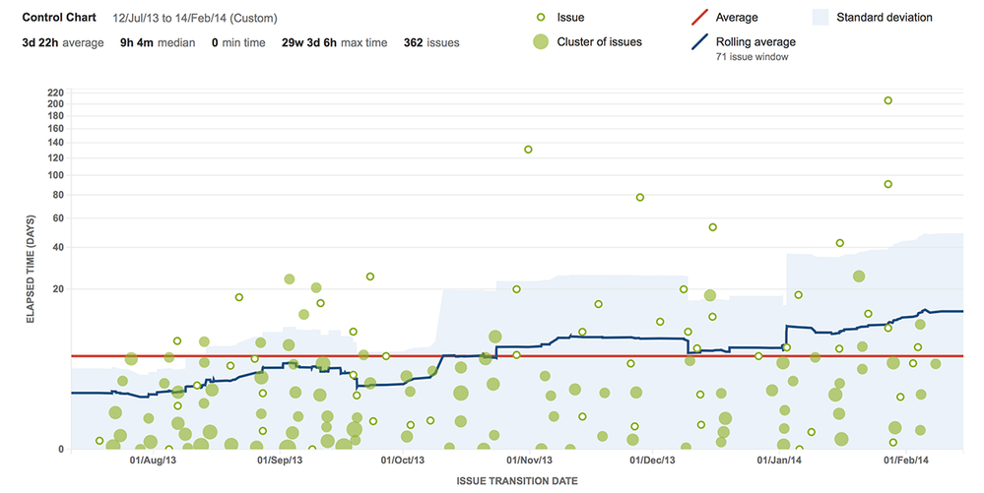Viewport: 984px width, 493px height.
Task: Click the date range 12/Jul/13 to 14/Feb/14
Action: [195, 18]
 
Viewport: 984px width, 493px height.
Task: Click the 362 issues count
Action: [430, 42]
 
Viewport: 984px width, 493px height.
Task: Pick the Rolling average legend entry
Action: [755, 41]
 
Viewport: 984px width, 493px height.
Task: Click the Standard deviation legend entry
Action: [884, 18]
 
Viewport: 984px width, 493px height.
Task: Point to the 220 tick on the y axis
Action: [54, 92]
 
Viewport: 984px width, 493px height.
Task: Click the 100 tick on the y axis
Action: [54, 175]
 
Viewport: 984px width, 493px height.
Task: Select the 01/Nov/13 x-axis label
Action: [528, 460]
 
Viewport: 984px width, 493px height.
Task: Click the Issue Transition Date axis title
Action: [516, 481]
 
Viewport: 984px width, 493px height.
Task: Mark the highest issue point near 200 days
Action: [887, 100]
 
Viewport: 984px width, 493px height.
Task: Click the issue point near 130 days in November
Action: [528, 150]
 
